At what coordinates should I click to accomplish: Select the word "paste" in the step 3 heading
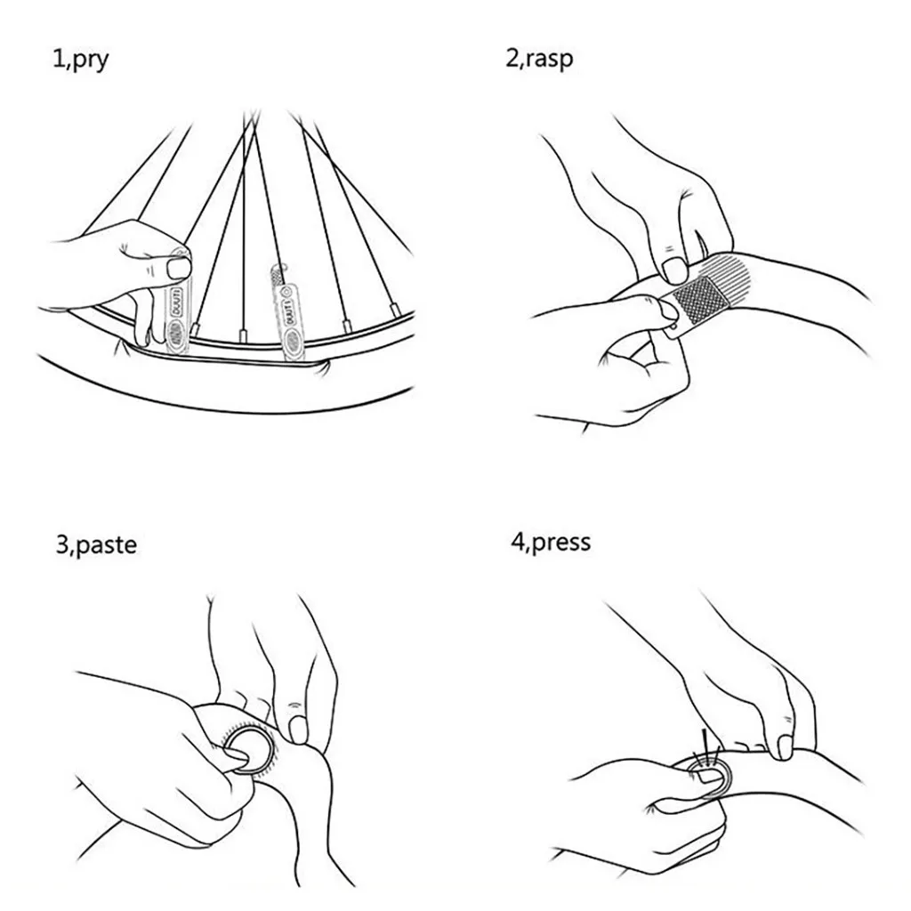coord(106,544)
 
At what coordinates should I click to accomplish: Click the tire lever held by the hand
coord(178,302)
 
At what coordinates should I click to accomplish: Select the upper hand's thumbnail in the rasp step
coord(676,268)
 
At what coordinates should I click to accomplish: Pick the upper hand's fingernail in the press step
coord(783,745)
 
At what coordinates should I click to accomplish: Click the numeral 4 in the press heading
coord(517,542)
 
